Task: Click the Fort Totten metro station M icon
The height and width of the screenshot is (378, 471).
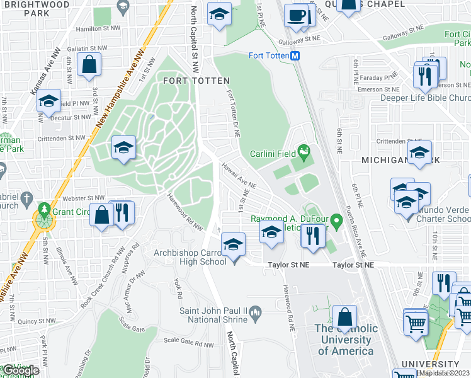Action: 295,55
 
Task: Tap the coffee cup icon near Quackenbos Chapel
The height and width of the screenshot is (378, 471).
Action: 295,16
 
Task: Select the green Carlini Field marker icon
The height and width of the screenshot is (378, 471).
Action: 305,151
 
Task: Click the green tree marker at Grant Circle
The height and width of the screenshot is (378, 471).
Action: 44,209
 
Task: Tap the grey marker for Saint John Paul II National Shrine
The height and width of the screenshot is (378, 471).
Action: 256,311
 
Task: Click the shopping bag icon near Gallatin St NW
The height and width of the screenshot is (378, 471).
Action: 89,64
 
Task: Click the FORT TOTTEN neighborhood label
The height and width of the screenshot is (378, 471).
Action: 196,81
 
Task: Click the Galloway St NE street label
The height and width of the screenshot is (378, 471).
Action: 299,38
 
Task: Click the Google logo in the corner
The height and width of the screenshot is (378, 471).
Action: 21,371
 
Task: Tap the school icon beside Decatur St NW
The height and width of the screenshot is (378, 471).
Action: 48,101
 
